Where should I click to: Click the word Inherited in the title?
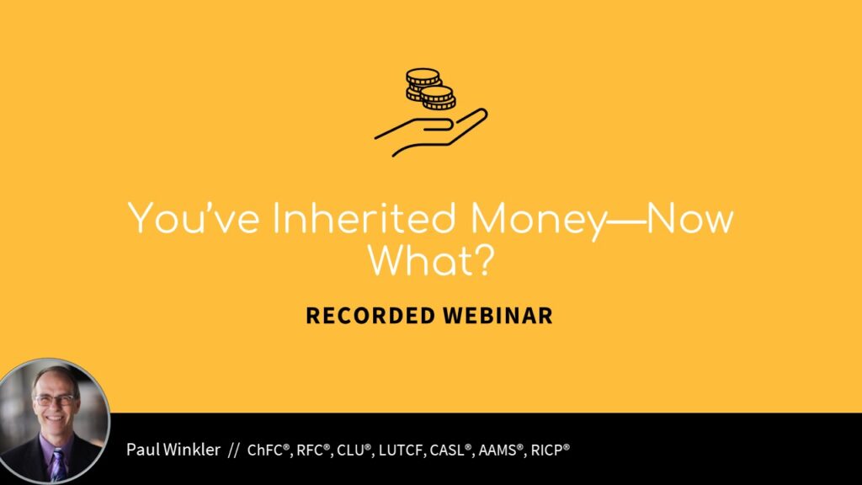pos(364,218)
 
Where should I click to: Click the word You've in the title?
pos(194,218)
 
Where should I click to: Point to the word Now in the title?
pos(690,218)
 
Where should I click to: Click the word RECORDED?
pos(370,316)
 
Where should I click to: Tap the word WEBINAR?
pos(498,316)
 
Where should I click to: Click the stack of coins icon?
pos(431,88)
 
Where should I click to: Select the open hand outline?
pos(431,132)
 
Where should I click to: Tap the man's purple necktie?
pos(57,465)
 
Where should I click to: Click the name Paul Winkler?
pos(173,450)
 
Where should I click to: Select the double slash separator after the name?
pos(234,450)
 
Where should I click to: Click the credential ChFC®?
pos(269,450)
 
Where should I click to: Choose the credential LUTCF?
pos(401,450)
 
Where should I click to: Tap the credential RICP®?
pos(551,450)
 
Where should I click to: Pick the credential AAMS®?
pos(500,450)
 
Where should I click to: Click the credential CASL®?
pos(451,450)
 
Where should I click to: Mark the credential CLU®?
pos(354,450)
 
